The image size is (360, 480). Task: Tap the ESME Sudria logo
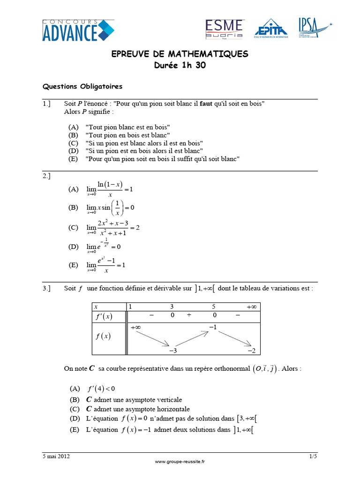coord(224,29)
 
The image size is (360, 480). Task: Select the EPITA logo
coord(271,28)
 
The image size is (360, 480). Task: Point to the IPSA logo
coord(315,27)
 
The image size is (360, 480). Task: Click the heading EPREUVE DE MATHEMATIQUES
coord(180,54)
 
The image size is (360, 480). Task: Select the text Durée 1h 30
coord(180,66)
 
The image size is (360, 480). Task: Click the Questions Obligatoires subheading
coord(82,87)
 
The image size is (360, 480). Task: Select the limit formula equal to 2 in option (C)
coord(113,227)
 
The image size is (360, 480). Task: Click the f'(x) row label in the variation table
coord(104,316)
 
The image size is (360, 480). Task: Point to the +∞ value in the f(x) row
coord(136,328)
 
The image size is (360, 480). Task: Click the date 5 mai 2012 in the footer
coord(57,456)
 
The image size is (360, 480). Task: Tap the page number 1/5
coord(313,456)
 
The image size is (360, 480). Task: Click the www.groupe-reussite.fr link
coord(180,462)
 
